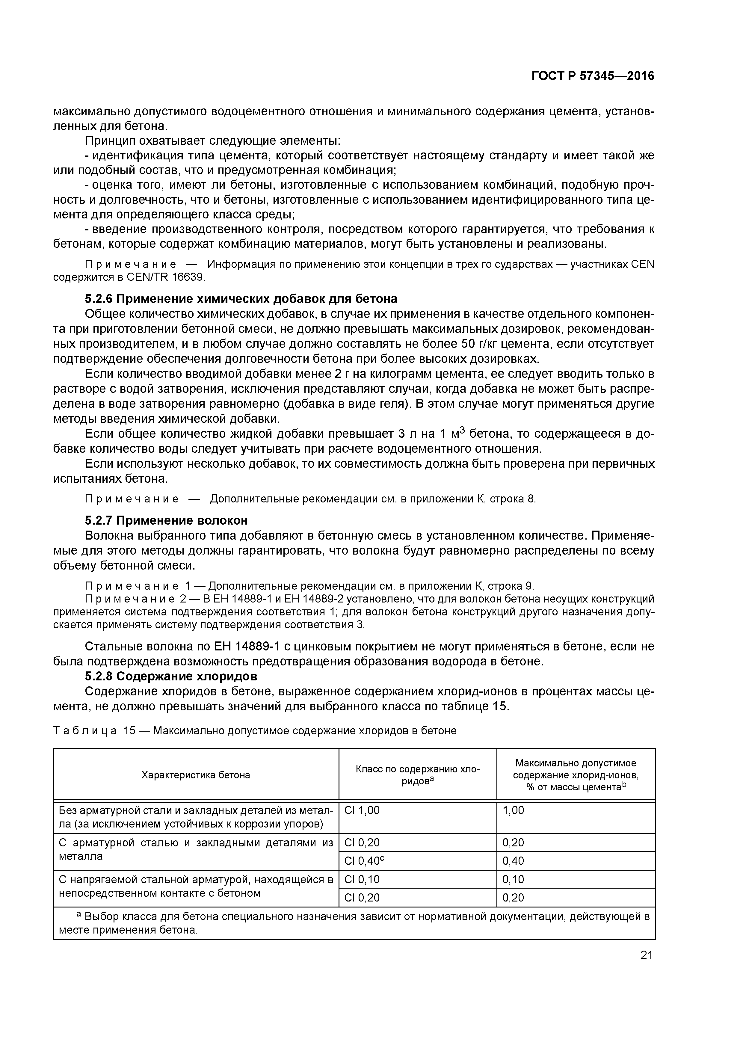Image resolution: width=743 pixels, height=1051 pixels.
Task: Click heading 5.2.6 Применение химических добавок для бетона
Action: (x=241, y=299)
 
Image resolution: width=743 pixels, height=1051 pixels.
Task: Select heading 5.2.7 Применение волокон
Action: (x=166, y=520)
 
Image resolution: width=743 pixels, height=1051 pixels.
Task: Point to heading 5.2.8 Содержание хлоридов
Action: (x=171, y=676)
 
